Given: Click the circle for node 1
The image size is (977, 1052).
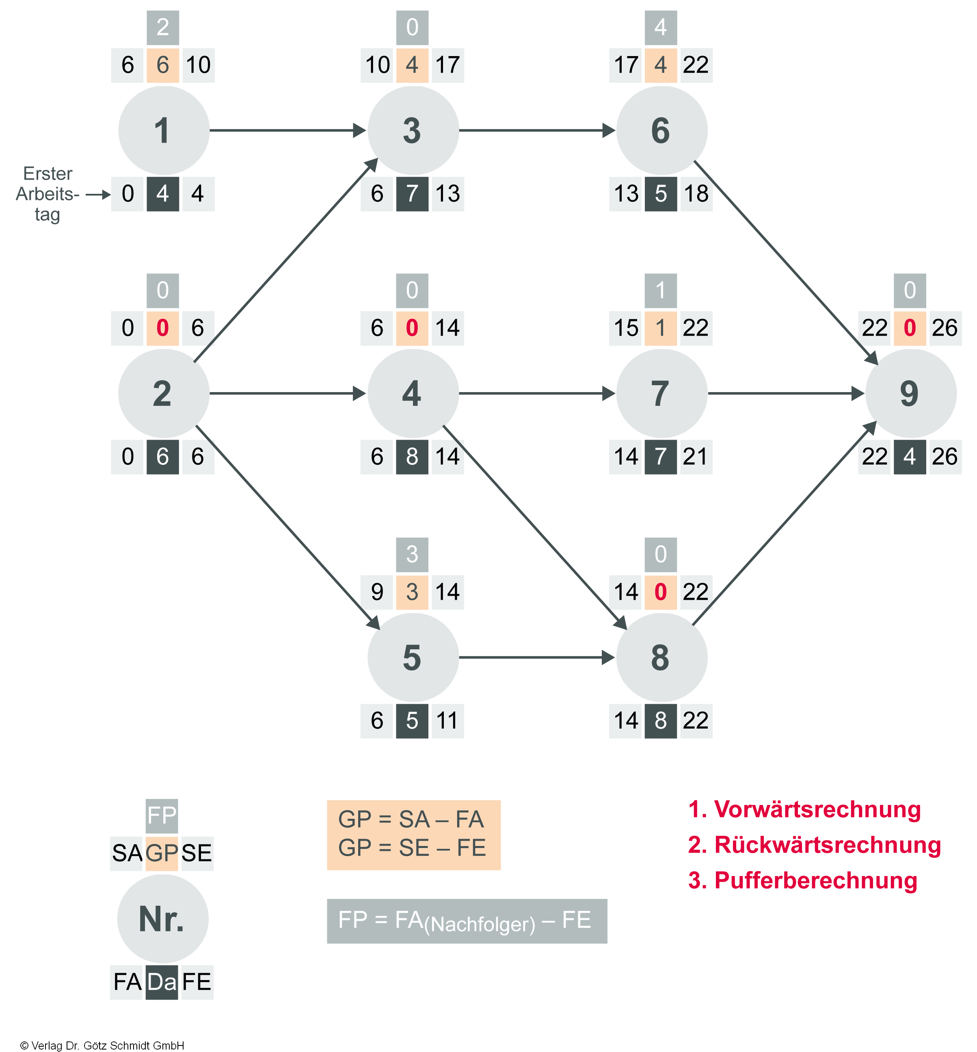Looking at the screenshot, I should (x=163, y=131).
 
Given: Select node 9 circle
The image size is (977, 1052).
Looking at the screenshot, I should (x=910, y=393).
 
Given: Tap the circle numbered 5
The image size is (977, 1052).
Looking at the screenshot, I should (x=413, y=657).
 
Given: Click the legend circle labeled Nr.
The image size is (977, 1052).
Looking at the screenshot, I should (x=162, y=919).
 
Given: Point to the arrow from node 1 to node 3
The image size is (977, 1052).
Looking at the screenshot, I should (x=288, y=130).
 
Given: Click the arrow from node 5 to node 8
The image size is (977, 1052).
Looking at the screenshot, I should (x=536, y=657).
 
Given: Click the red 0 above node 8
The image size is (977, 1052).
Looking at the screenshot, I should (x=660, y=592).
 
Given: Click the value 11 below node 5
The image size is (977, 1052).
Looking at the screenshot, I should (x=447, y=721).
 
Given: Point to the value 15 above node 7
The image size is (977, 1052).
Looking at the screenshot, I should (x=626, y=328).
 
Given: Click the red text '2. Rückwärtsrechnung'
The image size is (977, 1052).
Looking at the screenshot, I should (x=814, y=845).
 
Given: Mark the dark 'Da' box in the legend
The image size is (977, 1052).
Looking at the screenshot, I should (x=162, y=982).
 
